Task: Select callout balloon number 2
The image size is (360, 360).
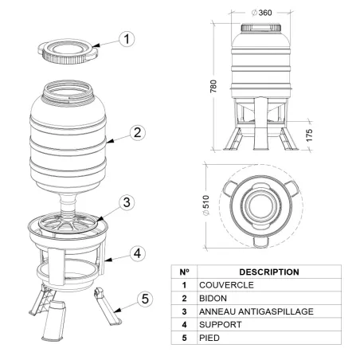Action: click(137, 133)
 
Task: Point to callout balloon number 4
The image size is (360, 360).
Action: click(137, 253)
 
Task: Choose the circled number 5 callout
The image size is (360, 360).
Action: click(143, 299)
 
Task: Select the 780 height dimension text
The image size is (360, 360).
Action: click(213, 85)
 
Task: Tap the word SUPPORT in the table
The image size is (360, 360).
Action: click(221, 325)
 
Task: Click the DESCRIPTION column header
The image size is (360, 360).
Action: click(268, 272)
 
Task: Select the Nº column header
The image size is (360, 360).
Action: click(184, 272)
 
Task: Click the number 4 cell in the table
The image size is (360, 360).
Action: click(184, 325)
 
